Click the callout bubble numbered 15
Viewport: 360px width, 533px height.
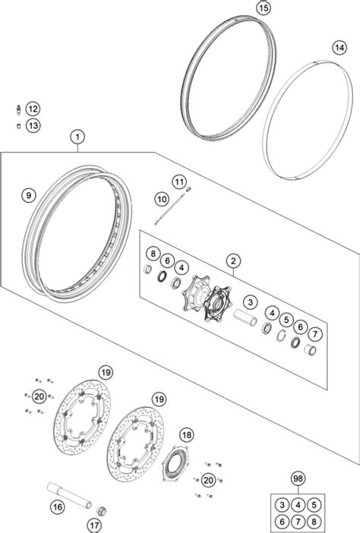tap(264, 8)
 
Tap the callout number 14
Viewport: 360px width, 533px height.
tap(339, 48)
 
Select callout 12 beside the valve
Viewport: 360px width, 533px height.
tap(33, 109)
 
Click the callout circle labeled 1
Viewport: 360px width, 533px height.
tap(77, 137)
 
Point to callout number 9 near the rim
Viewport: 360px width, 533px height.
tap(29, 195)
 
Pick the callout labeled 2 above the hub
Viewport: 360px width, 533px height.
tap(233, 261)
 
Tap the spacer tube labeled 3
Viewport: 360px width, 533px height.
tap(245, 317)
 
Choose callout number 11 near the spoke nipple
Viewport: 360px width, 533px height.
tap(179, 182)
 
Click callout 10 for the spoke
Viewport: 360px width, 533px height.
tap(162, 199)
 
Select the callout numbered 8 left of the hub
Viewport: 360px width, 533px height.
tap(153, 254)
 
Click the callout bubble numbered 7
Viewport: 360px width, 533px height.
tap(315, 334)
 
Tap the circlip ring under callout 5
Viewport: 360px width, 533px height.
tap(281, 336)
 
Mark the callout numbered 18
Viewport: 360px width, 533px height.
tap(187, 434)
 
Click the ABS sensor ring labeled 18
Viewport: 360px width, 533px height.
tap(175, 464)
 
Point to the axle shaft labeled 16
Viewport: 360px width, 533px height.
tap(69, 495)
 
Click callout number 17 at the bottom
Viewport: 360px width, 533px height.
tap(94, 525)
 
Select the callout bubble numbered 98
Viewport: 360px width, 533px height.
tap(298, 478)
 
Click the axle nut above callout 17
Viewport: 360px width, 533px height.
tap(101, 511)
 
